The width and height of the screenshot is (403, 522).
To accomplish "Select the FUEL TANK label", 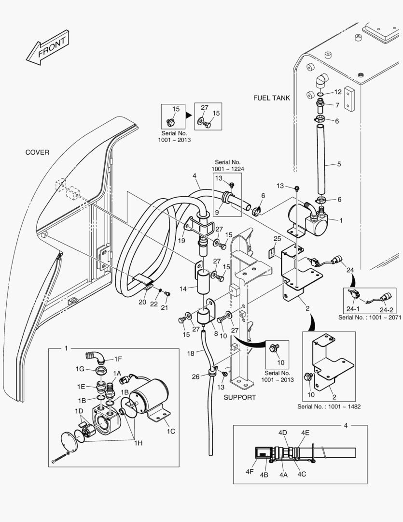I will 272,98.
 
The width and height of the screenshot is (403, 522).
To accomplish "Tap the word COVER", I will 37,152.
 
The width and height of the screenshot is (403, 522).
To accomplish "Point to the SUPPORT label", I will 239,397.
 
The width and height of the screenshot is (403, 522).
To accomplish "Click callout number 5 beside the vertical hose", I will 339,164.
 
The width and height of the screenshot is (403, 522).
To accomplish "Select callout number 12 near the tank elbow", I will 337,92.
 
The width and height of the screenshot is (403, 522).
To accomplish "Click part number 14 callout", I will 182,289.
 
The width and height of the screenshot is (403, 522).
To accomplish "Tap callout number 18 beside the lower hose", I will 191,354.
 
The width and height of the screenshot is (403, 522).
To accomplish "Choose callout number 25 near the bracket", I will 277,239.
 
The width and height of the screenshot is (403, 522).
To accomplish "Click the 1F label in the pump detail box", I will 118,359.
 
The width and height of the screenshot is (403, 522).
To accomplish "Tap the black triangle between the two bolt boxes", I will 189,116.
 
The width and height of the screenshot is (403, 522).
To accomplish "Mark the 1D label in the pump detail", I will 79,411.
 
